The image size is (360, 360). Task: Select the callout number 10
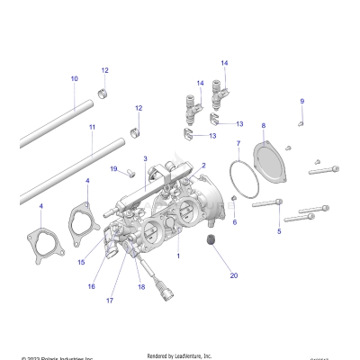(74, 79)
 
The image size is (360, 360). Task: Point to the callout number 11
(92, 128)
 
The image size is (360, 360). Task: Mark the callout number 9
(301, 101)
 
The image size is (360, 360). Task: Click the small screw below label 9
(302, 121)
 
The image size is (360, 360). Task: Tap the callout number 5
(279, 231)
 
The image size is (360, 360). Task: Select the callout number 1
(178, 256)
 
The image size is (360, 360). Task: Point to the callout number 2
(204, 166)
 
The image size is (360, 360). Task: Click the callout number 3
(144, 159)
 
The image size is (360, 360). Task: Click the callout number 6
(234, 221)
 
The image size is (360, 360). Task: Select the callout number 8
(263, 126)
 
